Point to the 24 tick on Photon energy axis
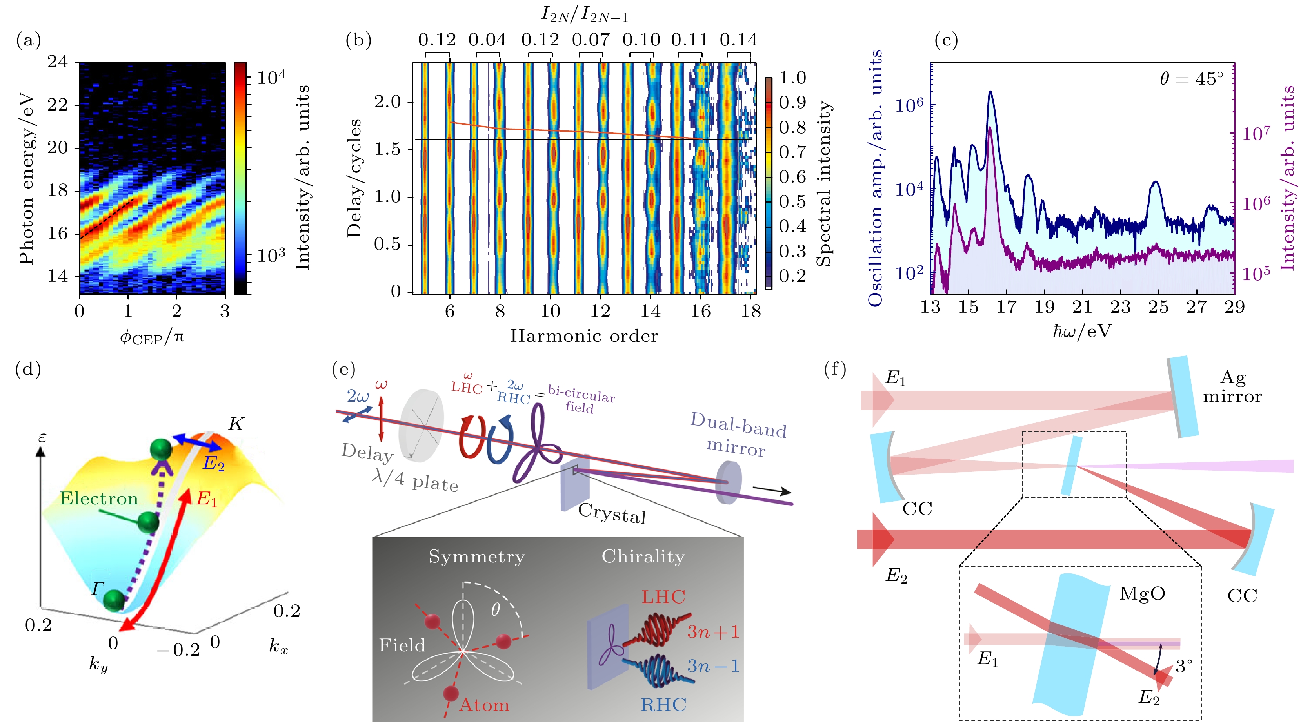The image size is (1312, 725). pos(58,62)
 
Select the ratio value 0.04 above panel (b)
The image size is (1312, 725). pos(487,40)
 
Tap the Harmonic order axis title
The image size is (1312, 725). pos(584,336)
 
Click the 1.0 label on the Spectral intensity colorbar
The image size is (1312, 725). pos(792,78)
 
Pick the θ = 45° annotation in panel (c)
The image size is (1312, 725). pos(1191,79)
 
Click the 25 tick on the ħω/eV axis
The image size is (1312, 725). pos(1158,307)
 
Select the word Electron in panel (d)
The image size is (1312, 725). pos(99,498)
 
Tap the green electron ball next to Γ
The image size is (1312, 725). pos(114,601)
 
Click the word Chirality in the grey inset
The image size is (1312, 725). pos(643,556)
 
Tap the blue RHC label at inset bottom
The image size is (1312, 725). pos(663,705)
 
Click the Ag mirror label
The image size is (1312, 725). pos(1232,387)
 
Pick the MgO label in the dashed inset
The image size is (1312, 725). pos(1142,594)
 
